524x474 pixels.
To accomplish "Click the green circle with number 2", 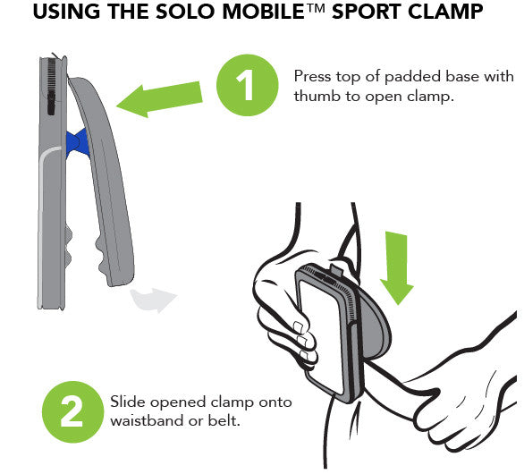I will click(x=72, y=413).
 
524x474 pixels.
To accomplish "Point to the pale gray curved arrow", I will click(x=153, y=300).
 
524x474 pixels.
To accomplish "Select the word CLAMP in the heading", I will click(x=447, y=14).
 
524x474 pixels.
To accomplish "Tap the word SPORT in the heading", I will click(x=367, y=14).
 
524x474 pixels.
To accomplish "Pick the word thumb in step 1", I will click(x=312, y=94).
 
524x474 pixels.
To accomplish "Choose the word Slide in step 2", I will click(x=127, y=402).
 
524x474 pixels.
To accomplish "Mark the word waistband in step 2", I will click(x=146, y=419).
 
